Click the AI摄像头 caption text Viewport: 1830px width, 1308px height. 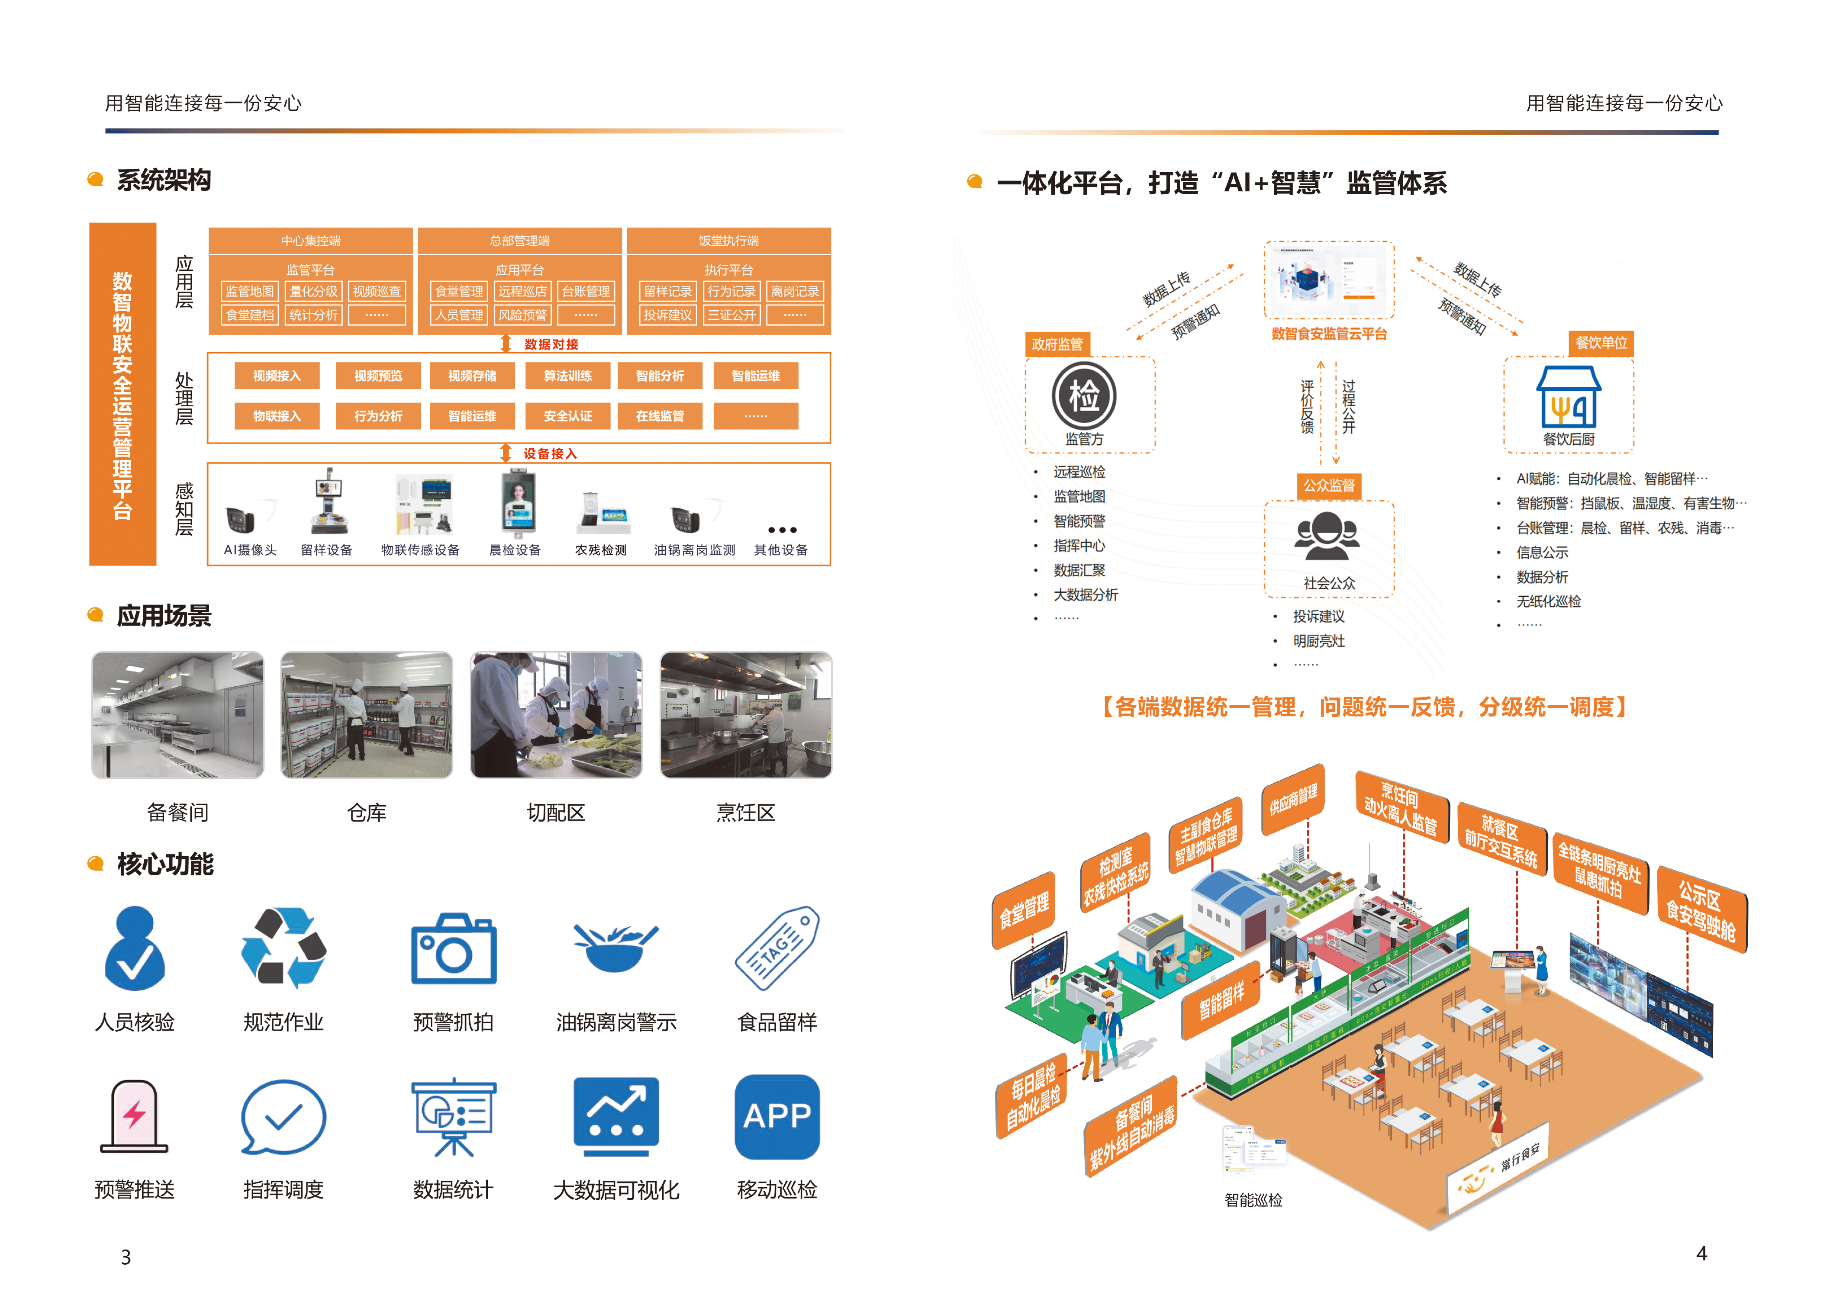click(250, 550)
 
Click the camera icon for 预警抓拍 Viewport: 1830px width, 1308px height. click(454, 949)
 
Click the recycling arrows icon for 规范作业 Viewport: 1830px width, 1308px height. click(284, 948)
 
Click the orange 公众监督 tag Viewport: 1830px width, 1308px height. click(1329, 485)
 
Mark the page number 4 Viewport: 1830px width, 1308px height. click(1701, 1253)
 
